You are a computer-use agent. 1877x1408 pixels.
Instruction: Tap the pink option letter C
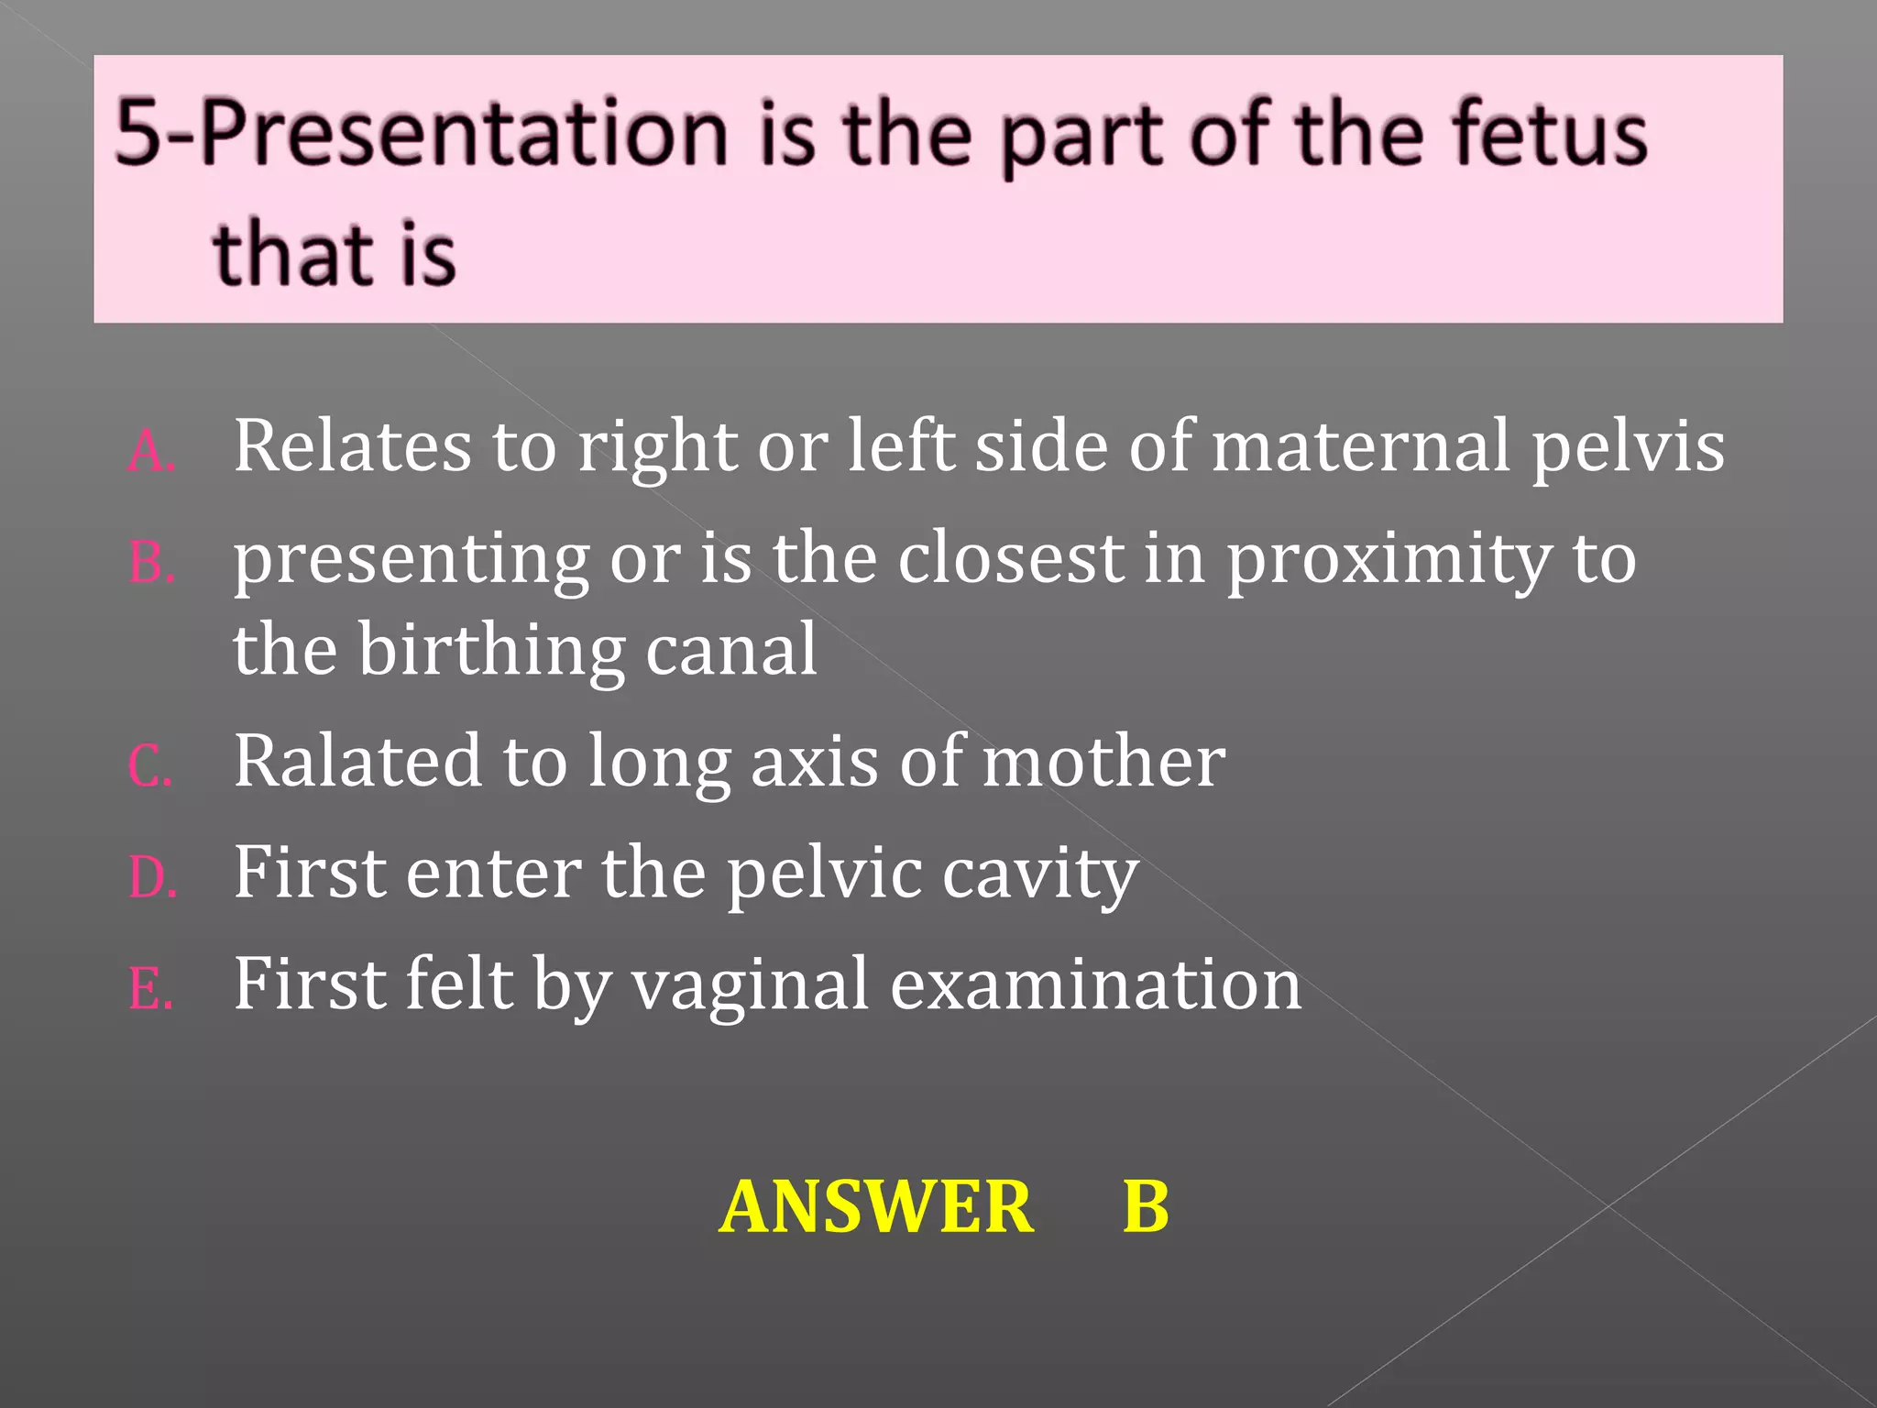(149, 766)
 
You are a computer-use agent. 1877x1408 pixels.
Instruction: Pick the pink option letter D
(151, 878)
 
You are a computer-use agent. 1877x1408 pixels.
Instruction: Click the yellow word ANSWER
(876, 1206)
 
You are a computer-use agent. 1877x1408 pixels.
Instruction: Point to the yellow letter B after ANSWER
(1146, 1206)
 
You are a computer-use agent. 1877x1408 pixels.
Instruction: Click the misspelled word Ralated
(357, 761)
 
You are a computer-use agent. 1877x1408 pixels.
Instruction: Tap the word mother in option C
(1103, 761)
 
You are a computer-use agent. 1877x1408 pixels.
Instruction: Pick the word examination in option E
(1095, 984)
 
